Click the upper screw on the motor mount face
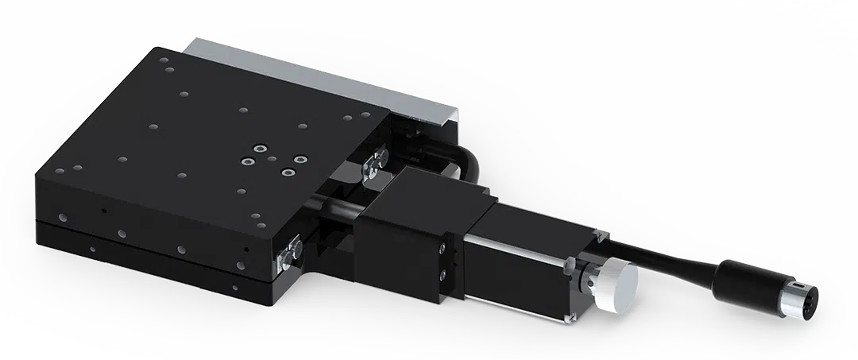click(441, 250)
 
